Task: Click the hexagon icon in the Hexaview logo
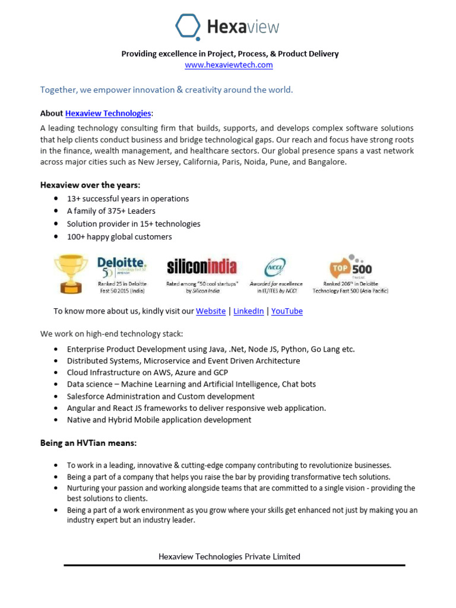189,27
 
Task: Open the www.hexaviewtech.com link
229,65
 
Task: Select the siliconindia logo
202,266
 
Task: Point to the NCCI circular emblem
275,268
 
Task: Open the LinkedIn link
248,311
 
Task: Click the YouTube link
287,311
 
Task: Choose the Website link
211,311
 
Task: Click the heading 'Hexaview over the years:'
90,185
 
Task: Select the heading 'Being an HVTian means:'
88,443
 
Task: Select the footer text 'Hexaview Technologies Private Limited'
229,556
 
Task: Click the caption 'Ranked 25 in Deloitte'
122,284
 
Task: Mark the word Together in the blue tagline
59,90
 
